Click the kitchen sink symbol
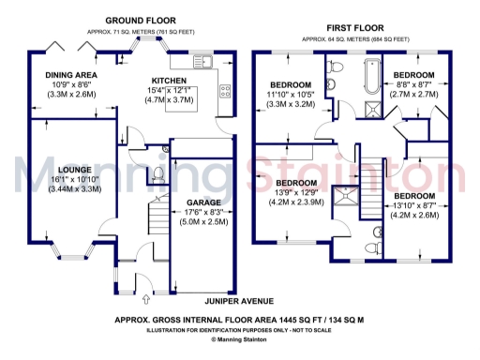[202, 63]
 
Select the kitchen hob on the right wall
[225, 91]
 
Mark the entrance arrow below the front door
[145, 301]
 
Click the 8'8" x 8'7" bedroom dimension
[413, 83]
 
